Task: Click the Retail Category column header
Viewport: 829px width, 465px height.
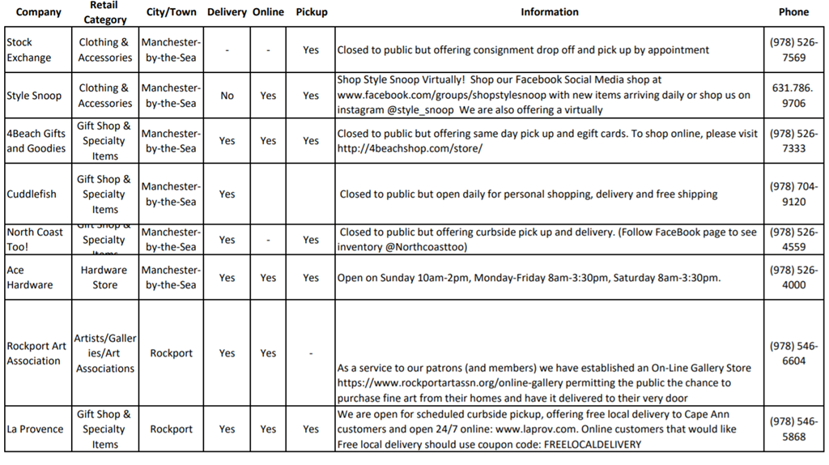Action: (x=104, y=12)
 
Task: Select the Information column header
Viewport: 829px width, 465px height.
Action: (x=549, y=12)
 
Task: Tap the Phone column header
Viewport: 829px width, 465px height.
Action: (x=793, y=12)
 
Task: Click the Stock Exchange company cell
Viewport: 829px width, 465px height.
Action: (x=28, y=50)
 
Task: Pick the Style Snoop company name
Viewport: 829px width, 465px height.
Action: (x=34, y=96)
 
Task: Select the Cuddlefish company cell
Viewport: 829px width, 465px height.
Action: (x=32, y=194)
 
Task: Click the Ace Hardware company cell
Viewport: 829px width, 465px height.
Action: (x=30, y=278)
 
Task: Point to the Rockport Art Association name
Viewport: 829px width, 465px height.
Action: (x=36, y=353)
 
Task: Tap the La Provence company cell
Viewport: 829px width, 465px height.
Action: (x=36, y=429)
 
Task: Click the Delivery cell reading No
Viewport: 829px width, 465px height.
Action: (x=227, y=96)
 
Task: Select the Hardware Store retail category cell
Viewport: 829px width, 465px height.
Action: (x=104, y=278)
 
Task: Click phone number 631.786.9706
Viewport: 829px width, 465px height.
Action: (x=793, y=96)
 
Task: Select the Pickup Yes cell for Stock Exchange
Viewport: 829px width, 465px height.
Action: (x=311, y=50)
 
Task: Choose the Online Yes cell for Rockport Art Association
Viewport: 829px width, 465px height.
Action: (x=268, y=353)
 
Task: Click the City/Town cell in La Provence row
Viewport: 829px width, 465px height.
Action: (x=171, y=429)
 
